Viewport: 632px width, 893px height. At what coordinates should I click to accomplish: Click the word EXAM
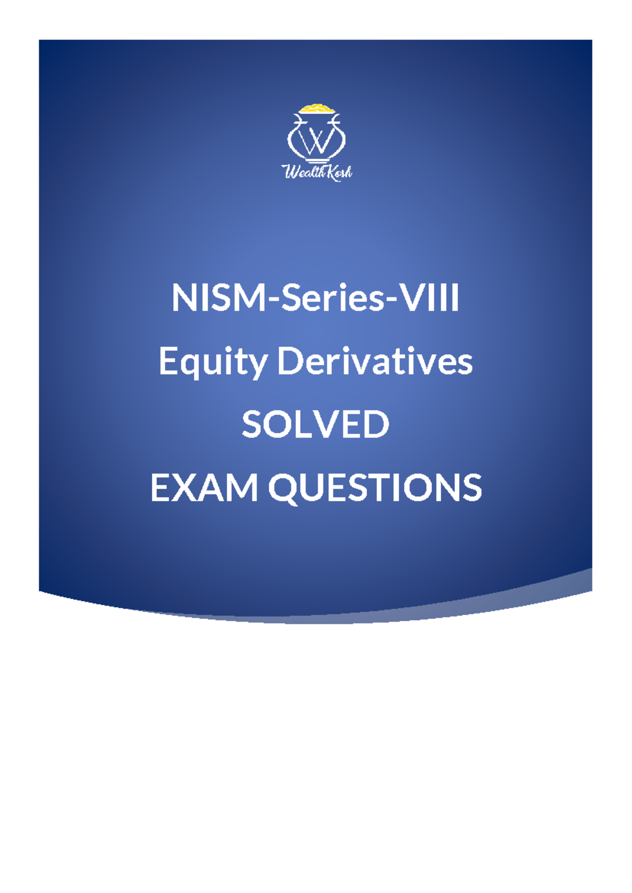(204, 488)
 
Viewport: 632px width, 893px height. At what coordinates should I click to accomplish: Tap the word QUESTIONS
(375, 488)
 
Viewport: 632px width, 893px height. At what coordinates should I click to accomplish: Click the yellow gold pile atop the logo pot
(316, 108)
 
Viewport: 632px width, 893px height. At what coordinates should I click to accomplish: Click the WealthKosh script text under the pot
(317, 172)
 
